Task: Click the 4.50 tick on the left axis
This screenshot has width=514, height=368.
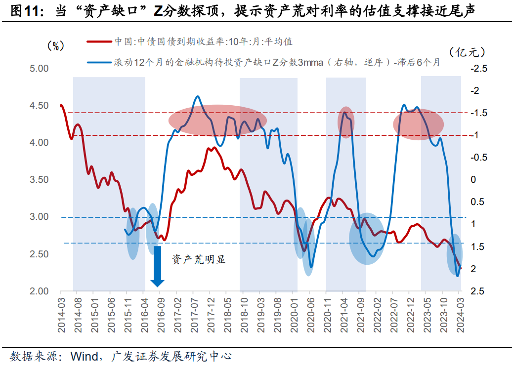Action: [39, 106]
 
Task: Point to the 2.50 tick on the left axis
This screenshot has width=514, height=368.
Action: [39, 254]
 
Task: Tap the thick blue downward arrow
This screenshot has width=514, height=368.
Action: [158, 267]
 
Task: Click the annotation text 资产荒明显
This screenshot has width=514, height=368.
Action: [199, 259]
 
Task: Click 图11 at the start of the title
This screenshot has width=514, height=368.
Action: [22, 10]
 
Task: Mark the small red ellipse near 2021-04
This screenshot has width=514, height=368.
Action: [346, 122]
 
